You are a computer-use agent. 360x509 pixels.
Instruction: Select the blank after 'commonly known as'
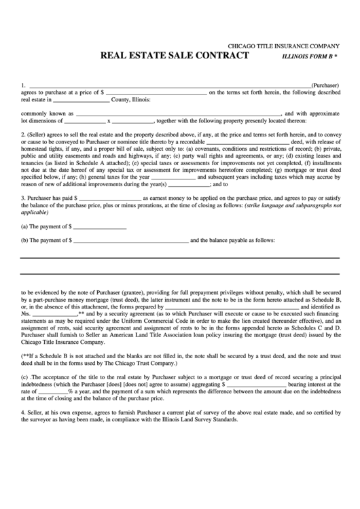[x=178, y=113]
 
